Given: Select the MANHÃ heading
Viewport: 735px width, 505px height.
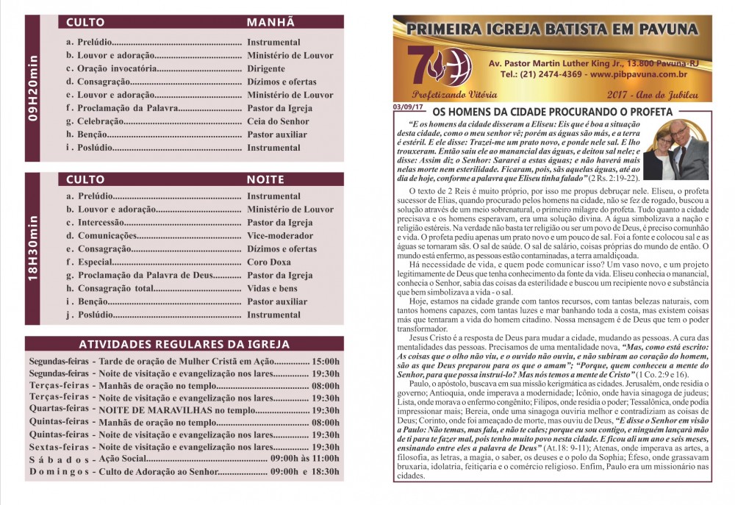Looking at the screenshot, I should coord(270,23).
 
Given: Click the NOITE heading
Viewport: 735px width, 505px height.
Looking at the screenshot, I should coord(265,179).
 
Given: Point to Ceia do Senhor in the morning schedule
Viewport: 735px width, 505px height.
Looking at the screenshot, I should coord(278,121).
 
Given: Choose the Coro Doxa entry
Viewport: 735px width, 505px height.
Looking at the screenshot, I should coord(269,262).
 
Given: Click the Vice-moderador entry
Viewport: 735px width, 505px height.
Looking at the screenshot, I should coord(280,236).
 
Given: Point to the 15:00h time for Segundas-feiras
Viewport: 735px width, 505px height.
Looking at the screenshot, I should coord(326,362).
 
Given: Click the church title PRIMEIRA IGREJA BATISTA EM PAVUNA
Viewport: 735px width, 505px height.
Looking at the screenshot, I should coord(552,29).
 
